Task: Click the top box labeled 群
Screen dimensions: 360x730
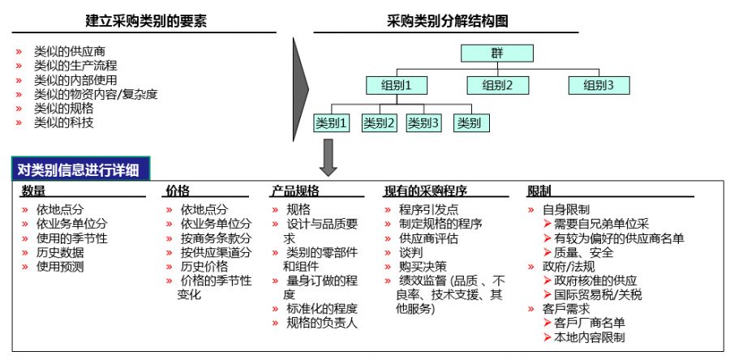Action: click(496, 54)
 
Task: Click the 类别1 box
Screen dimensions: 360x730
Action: click(331, 123)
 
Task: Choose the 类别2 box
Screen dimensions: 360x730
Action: click(379, 123)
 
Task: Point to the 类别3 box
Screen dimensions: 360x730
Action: click(423, 123)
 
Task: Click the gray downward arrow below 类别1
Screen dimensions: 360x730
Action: click(328, 157)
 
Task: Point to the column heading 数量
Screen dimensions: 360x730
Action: click(33, 191)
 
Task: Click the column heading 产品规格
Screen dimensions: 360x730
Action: click(294, 191)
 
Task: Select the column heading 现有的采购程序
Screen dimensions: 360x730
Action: click(425, 191)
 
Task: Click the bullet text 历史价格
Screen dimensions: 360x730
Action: click(204, 266)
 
